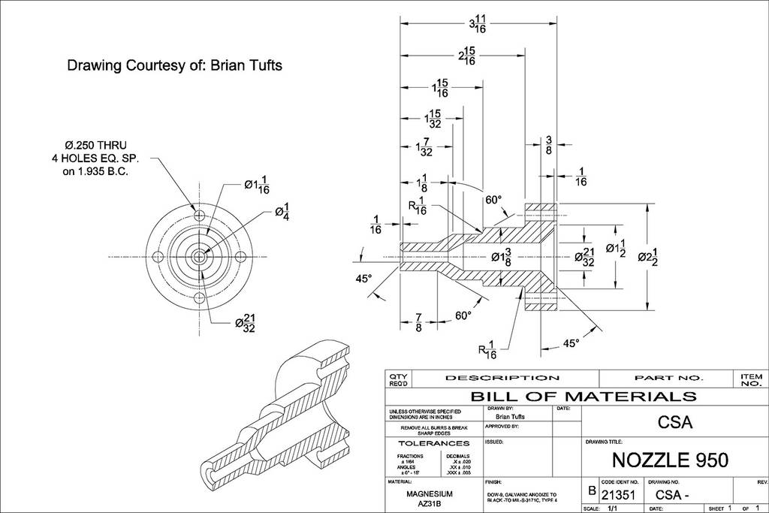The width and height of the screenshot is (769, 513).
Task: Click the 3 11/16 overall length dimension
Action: tap(477, 24)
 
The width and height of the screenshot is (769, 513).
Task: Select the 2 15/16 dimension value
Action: tap(466, 56)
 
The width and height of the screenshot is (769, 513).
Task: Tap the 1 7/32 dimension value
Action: tap(424, 147)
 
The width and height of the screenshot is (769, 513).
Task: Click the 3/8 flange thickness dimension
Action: tap(549, 146)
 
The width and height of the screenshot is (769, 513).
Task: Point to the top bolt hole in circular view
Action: tap(199, 216)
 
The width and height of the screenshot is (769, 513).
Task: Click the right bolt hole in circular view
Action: tap(240, 257)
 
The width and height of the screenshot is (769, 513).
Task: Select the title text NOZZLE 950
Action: tap(669, 459)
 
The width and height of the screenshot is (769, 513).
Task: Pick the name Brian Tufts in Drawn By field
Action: tap(510, 416)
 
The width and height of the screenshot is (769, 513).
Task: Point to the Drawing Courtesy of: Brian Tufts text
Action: tap(174, 65)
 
